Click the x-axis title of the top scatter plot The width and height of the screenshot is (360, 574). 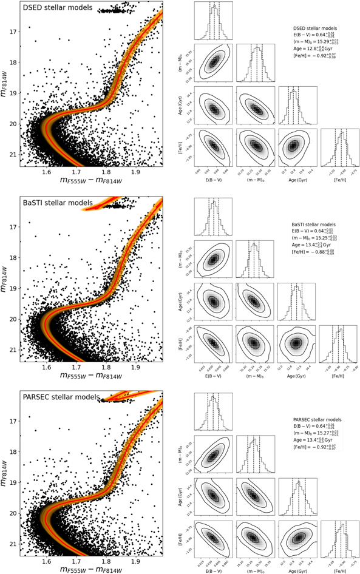[91, 181]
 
